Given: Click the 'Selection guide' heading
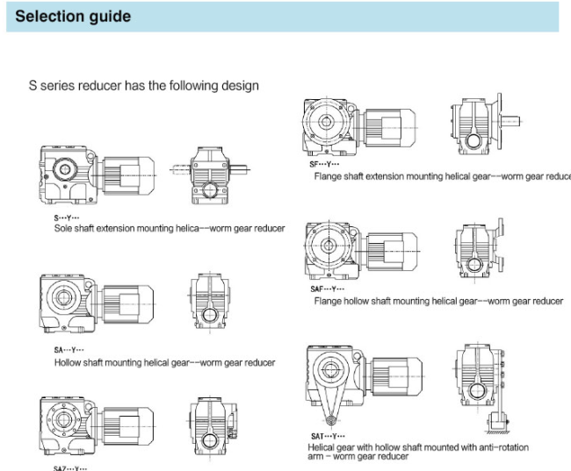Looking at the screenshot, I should (x=75, y=17).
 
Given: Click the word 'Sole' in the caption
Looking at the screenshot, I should (x=63, y=228).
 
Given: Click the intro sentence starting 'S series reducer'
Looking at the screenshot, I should (x=143, y=86).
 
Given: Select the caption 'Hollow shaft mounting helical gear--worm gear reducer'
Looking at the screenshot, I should (x=164, y=361).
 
